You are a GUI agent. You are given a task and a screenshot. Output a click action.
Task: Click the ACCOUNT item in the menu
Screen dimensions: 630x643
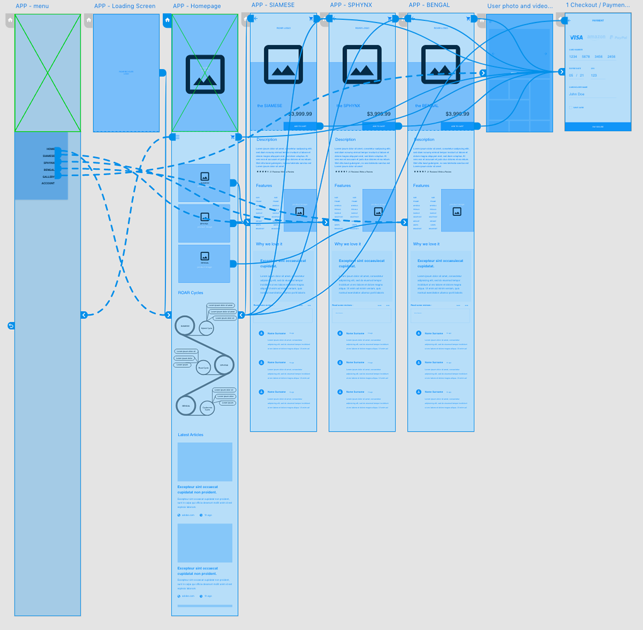pos(48,183)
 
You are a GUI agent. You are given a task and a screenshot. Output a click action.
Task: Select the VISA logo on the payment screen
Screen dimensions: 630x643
pos(576,38)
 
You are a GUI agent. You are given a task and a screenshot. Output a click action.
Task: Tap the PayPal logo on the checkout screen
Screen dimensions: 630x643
pos(619,38)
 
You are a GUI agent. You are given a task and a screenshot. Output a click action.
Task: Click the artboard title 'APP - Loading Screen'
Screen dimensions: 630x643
pos(125,6)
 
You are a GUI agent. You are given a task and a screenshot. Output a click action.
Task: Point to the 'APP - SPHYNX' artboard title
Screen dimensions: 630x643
pos(351,5)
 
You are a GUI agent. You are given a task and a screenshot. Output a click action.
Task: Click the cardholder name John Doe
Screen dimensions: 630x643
pos(577,94)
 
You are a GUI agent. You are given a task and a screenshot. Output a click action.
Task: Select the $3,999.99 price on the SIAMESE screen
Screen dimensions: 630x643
pos(300,114)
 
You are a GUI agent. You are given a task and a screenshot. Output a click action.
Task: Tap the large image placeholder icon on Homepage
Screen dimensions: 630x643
pos(205,75)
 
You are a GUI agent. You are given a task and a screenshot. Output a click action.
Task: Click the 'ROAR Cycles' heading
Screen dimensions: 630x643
pos(191,293)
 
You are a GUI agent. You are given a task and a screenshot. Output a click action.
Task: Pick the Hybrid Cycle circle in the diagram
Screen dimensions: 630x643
pos(206,328)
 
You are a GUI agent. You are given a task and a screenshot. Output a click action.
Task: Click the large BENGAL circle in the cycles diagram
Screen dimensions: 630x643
pos(186,406)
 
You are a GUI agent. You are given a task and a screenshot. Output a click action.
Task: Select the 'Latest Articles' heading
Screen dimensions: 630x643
pos(191,435)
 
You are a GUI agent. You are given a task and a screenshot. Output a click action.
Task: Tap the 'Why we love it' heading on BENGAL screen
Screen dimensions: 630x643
pos(426,244)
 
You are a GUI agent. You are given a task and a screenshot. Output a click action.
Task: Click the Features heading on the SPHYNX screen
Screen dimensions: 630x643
pos(342,186)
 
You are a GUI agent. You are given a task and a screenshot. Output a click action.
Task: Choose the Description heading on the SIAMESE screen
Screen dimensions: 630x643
pos(267,139)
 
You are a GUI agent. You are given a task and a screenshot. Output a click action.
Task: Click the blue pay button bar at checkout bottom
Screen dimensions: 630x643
pos(597,127)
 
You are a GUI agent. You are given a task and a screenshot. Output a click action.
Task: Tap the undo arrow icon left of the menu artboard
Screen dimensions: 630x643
pos(11,325)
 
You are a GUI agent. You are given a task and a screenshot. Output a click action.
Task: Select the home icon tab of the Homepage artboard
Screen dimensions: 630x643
pos(167,20)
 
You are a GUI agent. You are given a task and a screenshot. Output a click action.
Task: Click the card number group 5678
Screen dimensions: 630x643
pos(586,57)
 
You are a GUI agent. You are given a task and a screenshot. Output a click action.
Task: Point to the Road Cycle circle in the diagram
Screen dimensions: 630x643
pos(203,368)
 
